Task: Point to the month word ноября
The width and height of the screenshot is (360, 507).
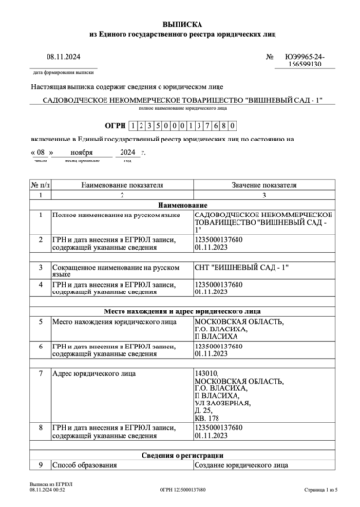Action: (x=107, y=151)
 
